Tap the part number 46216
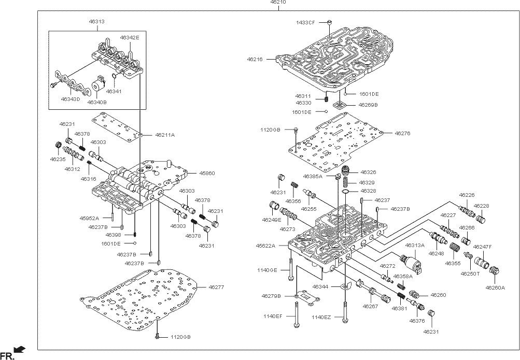tap(255, 60)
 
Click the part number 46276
tap(402, 134)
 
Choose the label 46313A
tap(415, 246)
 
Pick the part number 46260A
tap(495, 287)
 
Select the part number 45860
tap(193, 172)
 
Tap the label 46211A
tap(165, 135)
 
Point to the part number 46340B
tap(97, 103)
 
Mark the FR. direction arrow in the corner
tap(19, 352)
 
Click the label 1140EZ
tap(321, 318)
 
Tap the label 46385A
tap(314, 176)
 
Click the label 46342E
tap(130, 38)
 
